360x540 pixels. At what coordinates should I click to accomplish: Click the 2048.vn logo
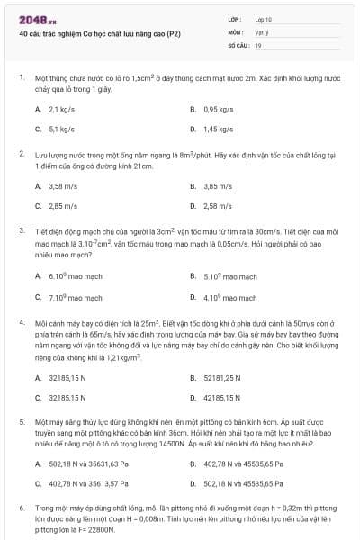[38, 19]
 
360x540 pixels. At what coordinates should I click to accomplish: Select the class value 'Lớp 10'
[264, 18]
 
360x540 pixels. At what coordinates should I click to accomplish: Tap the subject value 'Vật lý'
[261, 31]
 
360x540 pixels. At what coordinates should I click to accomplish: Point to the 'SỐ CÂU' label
[237, 44]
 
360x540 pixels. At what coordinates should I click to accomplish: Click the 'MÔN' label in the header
[236, 31]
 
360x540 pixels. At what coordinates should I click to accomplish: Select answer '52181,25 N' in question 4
[222, 377]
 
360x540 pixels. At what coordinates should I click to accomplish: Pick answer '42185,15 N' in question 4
[222, 397]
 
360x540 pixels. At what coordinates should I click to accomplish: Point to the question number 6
[22, 508]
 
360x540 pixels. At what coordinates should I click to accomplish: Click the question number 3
[22, 230]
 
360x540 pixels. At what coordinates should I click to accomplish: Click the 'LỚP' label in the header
[236, 18]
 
